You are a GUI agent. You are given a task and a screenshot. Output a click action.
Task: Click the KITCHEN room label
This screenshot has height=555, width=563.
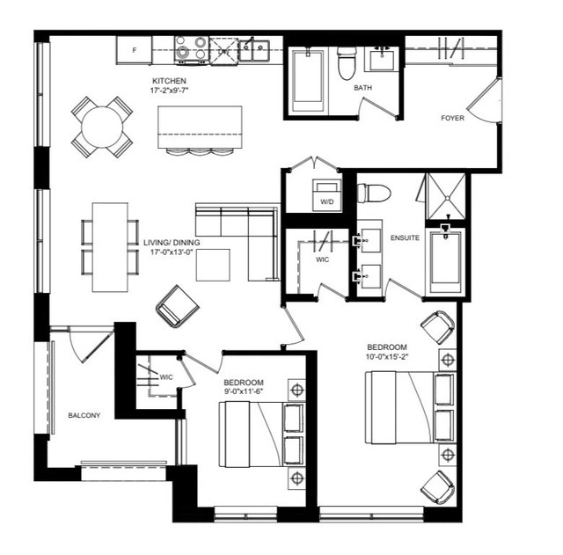pyautogui.click(x=169, y=81)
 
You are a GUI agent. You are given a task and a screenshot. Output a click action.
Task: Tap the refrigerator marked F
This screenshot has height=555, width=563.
pyautogui.click(x=134, y=50)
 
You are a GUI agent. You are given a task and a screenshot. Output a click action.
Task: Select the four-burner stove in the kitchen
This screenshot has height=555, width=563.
pyautogui.click(x=192, y=50)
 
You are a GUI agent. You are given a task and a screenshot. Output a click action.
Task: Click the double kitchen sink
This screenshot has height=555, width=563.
pyautogui.click(x=254, y=51)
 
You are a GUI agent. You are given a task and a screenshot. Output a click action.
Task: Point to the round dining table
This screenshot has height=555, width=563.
pyautogui.click(x=102, y=127)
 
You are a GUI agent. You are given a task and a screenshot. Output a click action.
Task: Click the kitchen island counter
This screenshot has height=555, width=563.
pyautogui.click(x=200, y=127)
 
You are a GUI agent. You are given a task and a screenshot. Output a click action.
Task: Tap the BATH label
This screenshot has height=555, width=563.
pyautogui.click(x=362, y=88)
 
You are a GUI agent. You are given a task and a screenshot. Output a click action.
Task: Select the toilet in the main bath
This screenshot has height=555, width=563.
pyautogui.click(x=347, y=62)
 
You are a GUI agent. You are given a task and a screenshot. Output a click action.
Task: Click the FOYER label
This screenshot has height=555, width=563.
pyautogui.click(x=452, y=118)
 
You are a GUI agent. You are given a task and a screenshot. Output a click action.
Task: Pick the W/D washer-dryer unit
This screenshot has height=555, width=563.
pyautogui.click(x=326, y=195)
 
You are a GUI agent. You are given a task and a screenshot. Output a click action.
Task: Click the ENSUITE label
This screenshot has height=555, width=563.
pyautogui.click(x=405, y=237)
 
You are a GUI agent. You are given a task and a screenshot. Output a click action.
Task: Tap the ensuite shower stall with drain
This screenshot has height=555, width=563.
pyautogui.click(x=446, y=196)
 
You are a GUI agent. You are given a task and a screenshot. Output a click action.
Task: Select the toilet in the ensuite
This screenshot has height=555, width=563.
pyautogui.click(x=374, y=194)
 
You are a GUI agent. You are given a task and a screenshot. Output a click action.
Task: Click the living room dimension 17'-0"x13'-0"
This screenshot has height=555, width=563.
pyautogui.click(x=172, y=252)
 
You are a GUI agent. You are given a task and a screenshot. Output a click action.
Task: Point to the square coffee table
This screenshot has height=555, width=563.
pyautogui.click(x=213, y=265)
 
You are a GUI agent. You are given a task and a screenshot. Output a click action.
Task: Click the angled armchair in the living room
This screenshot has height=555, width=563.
pyautogui.click(x=177, y=306)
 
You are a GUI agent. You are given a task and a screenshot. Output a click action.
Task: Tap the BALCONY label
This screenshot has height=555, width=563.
pyautogui.click(x=84, y=415)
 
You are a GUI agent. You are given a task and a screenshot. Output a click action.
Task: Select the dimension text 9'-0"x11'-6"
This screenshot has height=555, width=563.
pyautogui.click(x=244, y=391)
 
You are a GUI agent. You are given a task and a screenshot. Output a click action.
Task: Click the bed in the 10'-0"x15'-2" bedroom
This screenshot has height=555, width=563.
pyautogui.click(x=410, y=407)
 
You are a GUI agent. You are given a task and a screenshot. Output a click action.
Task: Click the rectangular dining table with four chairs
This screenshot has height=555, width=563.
pyautogui.click(x=110, y=247)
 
